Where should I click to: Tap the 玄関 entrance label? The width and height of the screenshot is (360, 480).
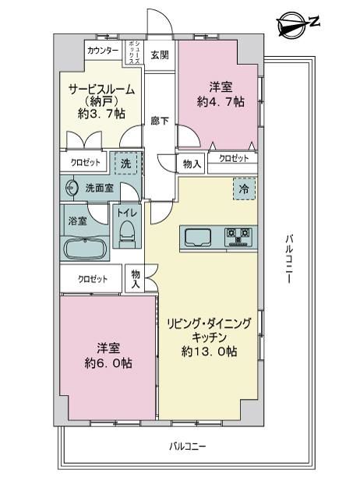[160, 55]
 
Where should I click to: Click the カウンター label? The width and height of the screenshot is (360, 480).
[103, 50]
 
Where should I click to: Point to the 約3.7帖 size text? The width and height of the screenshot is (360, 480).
[101, 114]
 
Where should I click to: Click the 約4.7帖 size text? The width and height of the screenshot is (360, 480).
[221, 101]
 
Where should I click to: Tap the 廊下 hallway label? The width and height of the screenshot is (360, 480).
[160, 121]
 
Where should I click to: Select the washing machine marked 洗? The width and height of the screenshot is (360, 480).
[125, 164]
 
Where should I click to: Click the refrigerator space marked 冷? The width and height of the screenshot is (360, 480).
[244, 189]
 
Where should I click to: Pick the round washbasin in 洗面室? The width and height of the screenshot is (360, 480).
[72, 188]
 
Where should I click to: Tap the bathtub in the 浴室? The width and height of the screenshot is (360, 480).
[85, 249]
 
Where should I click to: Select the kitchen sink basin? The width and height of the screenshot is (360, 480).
[198, 237]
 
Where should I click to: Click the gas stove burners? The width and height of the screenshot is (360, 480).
[238, 237]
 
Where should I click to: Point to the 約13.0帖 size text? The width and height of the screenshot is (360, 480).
[209, 351]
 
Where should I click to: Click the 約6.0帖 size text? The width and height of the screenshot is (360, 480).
[108, 363]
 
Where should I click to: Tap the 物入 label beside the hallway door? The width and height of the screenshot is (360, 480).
[192, 164]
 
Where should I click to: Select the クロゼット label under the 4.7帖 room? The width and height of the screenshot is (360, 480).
[234, 158]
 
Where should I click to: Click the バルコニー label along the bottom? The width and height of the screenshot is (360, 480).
[188, 446]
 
